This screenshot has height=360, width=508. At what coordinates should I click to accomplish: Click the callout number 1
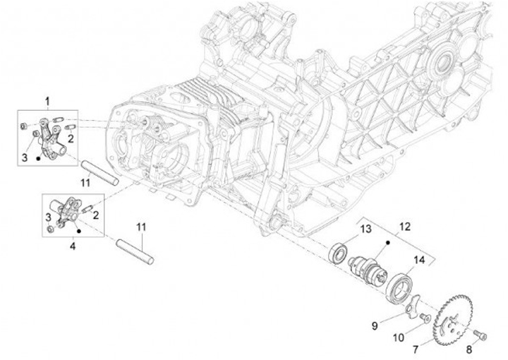point(48,102)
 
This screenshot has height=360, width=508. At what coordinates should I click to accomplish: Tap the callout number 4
point(73,246)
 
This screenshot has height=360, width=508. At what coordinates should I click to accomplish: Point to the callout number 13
point(365,229)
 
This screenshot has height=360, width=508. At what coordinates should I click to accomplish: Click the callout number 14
point(418,260)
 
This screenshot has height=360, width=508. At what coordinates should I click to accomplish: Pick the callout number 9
point(375,325)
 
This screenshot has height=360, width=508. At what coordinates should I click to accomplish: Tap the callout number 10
point(399,337)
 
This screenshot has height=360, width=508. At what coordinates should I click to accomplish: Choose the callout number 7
point(416,349)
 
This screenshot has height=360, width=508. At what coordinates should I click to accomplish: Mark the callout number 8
point(469,349)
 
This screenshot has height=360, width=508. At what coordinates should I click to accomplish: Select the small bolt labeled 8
point(481,335)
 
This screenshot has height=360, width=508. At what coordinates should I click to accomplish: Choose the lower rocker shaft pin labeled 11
point(135,252)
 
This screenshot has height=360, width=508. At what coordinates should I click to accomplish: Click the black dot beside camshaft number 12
point(388,242)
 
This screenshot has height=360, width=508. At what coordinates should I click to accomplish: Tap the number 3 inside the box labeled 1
point(25,158)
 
